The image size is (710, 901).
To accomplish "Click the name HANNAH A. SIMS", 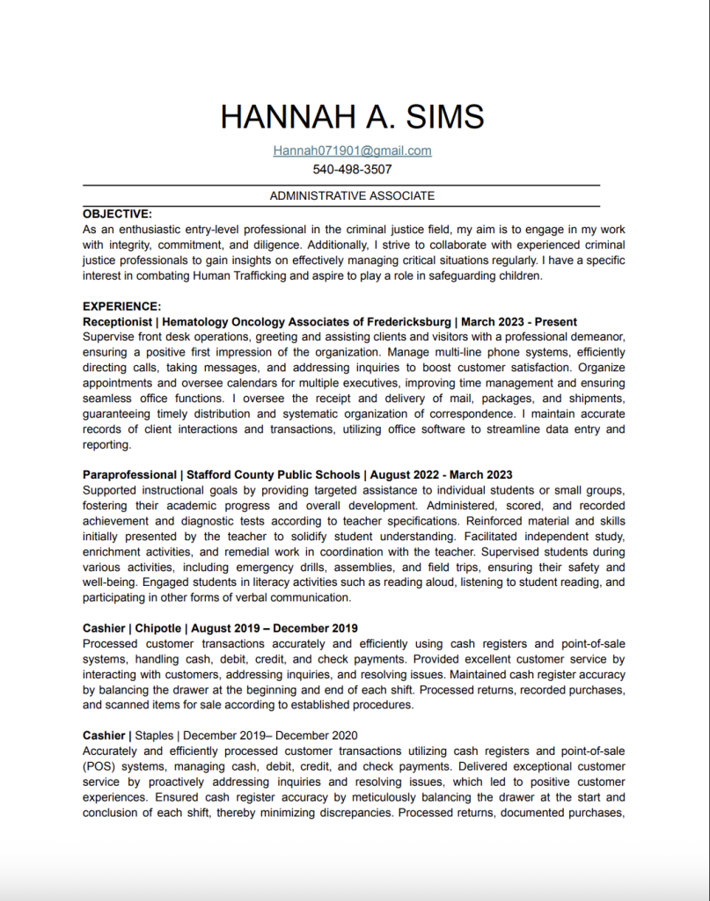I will (352, 117).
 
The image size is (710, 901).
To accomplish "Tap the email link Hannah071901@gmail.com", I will (352, 150).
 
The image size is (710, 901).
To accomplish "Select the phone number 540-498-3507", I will (352, 169).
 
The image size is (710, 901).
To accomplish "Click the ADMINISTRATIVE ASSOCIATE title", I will (352, 195).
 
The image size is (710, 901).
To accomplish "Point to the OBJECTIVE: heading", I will (117, 214).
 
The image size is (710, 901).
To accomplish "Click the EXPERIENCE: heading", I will (121, 306).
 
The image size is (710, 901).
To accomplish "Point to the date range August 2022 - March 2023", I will (441, 475).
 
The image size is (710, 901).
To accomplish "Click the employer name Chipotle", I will (158, 628).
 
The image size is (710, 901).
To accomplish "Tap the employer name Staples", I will (154, 735).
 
